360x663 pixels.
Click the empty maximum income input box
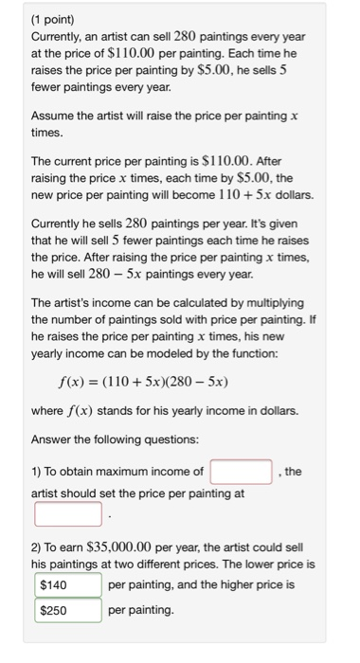[x=242, y=471]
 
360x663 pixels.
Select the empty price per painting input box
[x=68, y=514]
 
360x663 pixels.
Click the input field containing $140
[x=68, y=585]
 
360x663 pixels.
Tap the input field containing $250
[x=68, y=611]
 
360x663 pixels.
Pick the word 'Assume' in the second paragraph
[x=53, y=115]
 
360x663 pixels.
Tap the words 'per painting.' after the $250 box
[x=142, y=611]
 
